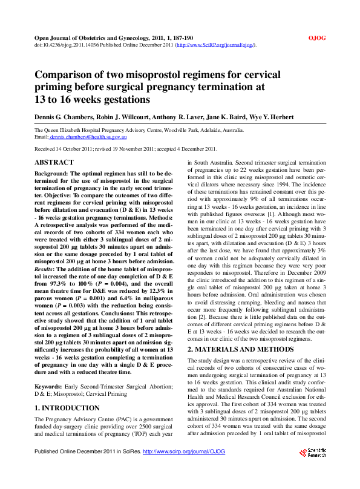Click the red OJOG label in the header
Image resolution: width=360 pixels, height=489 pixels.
[317, 38]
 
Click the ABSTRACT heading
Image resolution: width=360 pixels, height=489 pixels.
[54, 162]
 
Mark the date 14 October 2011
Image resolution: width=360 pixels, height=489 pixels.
[76, 149]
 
